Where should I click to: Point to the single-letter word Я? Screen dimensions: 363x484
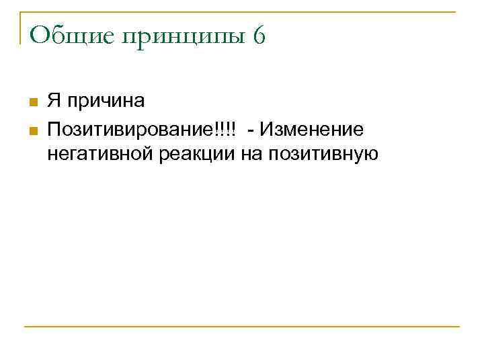pyautogui.click(x=54, y=102)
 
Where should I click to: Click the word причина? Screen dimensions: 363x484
pyautogui.click(x=104, y=103)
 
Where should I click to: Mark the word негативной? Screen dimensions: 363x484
pyautogui.click(x=100, y=155)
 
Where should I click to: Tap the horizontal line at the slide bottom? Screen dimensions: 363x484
pyautogui.click(x=242, y=327)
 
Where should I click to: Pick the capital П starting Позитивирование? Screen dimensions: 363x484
pyautogui.click(x=53, y=128)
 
